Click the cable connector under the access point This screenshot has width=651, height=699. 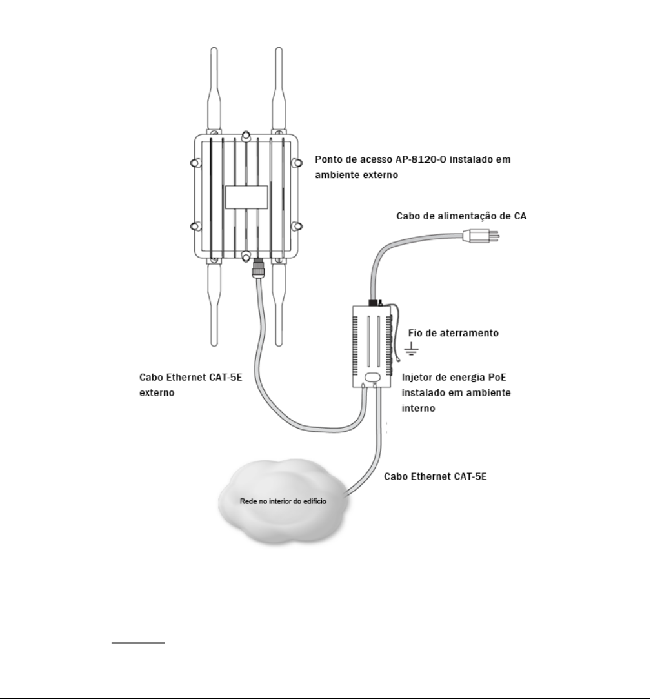click(258, 267)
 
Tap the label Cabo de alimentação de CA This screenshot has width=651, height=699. click(461, 216)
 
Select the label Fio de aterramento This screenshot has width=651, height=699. click(445, 334)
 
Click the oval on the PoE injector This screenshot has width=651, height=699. click(372, 378)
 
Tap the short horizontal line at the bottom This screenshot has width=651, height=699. click(138, 643)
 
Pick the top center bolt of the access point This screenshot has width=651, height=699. click(246, 137)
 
